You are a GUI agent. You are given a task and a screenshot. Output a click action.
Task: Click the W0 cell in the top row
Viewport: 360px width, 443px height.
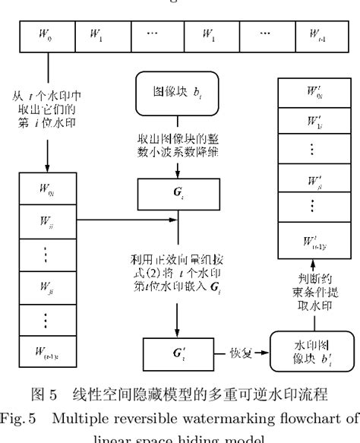click(40, 35)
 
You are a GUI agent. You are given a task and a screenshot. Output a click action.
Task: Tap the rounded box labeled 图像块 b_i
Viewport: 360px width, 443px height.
click(178, 94)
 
